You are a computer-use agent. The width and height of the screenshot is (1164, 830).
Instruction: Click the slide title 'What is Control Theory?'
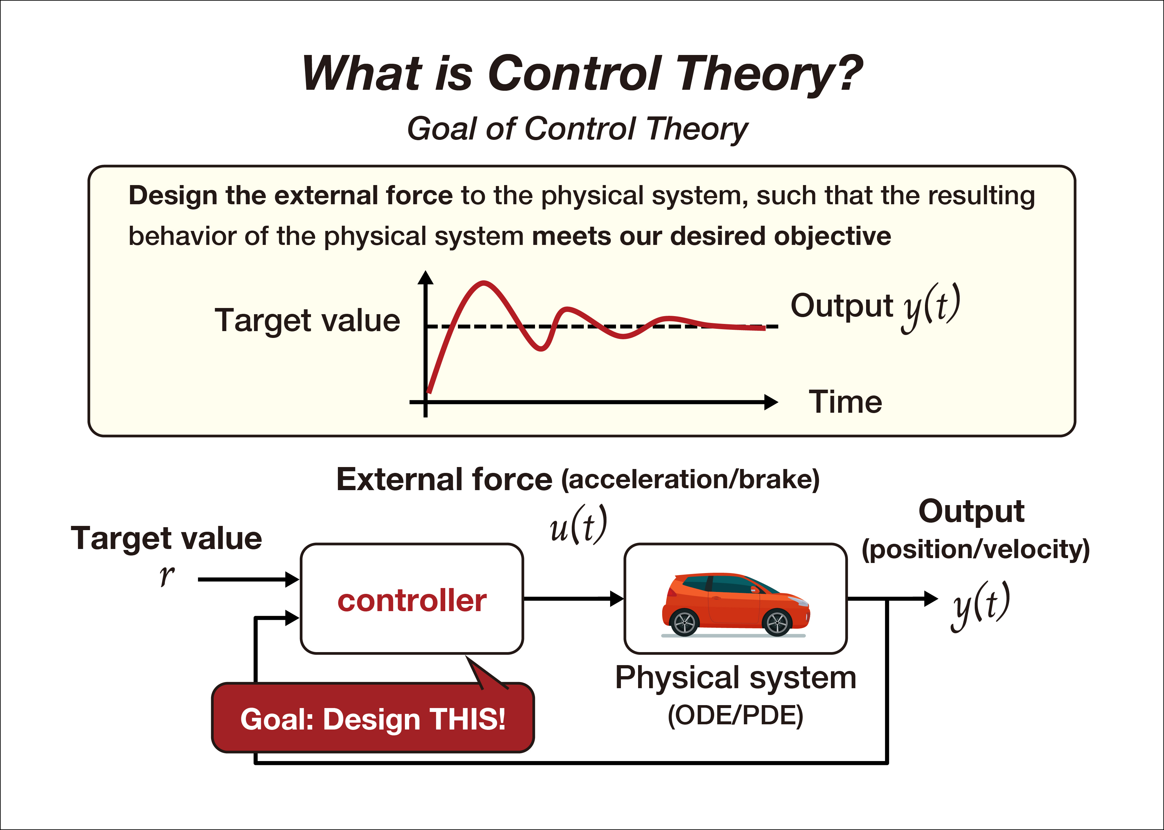point(582,74)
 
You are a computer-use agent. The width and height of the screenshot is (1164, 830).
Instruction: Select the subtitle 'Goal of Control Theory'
point(577,129)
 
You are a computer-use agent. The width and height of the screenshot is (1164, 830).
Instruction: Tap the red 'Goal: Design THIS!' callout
point(373,718)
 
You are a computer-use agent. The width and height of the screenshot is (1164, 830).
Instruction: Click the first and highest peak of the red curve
point(483,282)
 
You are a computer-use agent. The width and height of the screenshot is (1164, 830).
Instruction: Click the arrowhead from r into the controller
point(292,580)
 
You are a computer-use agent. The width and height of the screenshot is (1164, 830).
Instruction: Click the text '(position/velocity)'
point(976,549)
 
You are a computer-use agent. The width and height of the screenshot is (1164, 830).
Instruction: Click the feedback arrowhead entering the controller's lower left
point(292,618)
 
